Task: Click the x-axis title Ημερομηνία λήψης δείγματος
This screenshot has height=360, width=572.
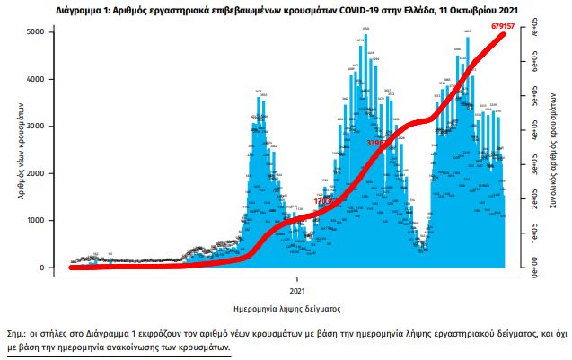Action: [x=286, y=310]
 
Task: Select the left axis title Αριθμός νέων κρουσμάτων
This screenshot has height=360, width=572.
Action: [x=20, y=149]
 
